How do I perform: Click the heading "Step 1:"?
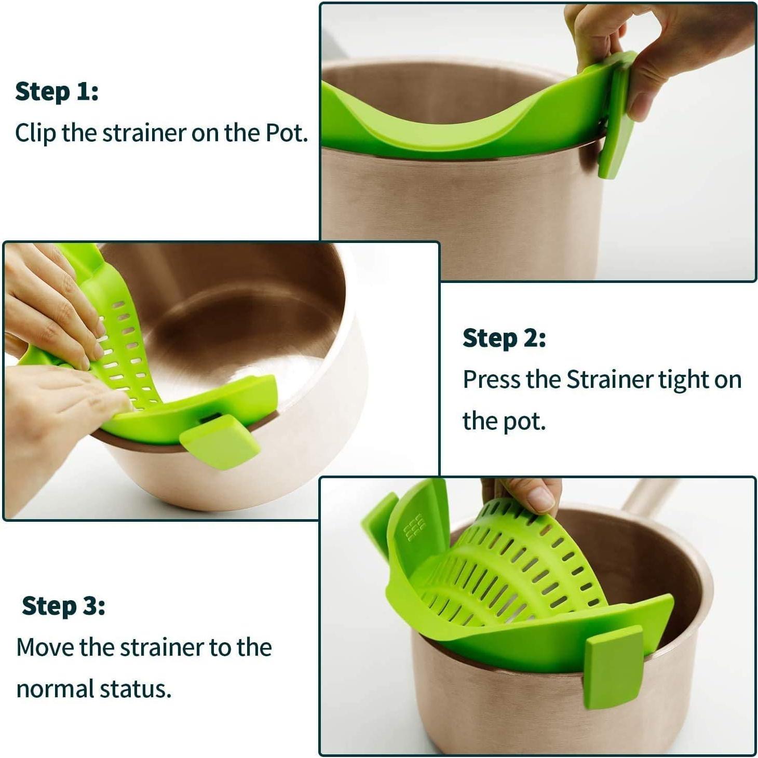[57, 91]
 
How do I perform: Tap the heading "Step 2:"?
[504, 338]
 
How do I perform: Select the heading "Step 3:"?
[63, 606]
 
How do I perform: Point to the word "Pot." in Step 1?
[287, 133]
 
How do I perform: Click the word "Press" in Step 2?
[491, 380]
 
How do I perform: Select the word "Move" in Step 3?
[45, 647]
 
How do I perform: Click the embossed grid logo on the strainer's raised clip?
[414, 528]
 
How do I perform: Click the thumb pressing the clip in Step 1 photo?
[644, 93]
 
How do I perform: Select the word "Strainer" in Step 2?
[611, 380]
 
